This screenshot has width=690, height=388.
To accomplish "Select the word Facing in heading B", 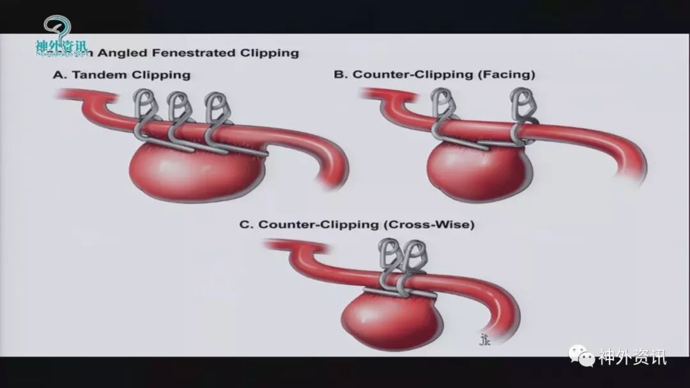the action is pos(508,75).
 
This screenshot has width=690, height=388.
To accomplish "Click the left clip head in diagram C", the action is pos(388,254).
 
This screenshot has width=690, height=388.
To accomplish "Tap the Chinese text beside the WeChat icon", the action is pos(632,357).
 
